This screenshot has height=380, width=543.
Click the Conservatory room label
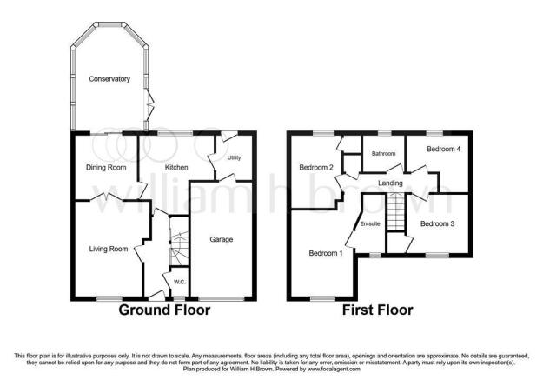point(109,79)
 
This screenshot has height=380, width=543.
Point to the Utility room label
point(234,158)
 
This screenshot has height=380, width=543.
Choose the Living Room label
point(109,249)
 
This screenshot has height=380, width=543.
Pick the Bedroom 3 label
point(438,223)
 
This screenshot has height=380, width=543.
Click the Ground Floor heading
point(164,310)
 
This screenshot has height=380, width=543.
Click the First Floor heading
point(377,310)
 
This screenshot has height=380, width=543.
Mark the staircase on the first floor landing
point(396,213)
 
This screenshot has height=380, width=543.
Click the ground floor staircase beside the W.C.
point(177,246)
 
